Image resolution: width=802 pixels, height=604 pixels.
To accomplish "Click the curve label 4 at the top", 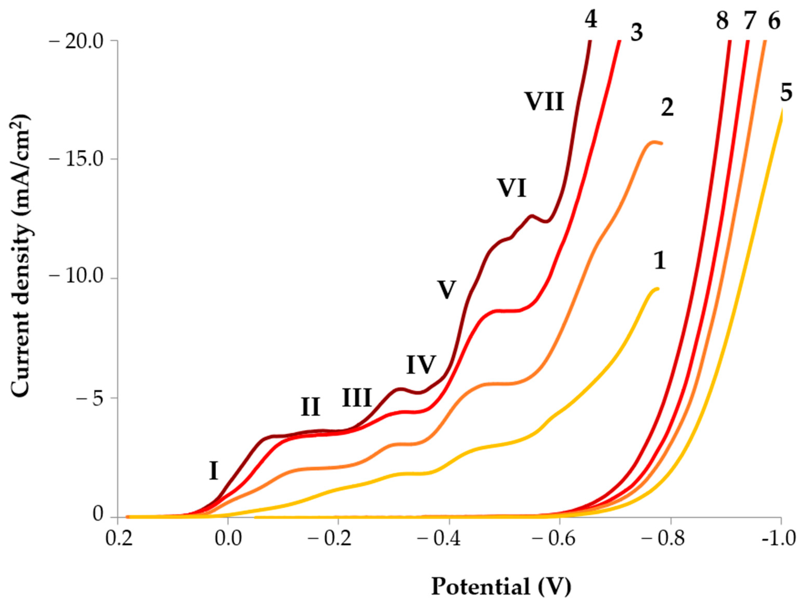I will click(x=591, y=19).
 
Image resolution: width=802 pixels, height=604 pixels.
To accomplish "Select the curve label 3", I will click(x=636, y=33).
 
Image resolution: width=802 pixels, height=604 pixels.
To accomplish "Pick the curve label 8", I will click(x=722, y=21).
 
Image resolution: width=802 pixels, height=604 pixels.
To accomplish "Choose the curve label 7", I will click(x=749, y=21).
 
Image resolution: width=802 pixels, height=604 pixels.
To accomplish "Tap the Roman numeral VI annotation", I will click(x=511, y=188).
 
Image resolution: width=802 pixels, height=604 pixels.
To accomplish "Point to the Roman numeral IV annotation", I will click(x=421, y=365).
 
